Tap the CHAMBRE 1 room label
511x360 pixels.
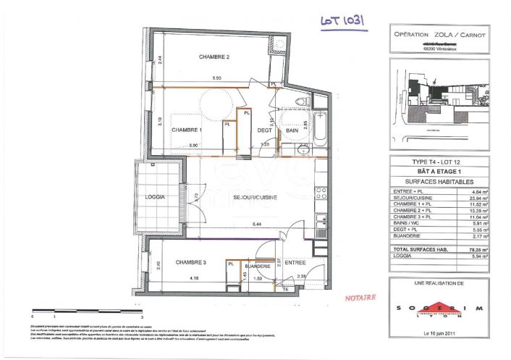[186, 130]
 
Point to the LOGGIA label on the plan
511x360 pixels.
[155, 196]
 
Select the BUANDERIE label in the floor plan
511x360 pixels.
[256, 267]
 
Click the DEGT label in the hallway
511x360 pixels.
[264, 130]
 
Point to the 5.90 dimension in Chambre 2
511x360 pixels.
[216, 78]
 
